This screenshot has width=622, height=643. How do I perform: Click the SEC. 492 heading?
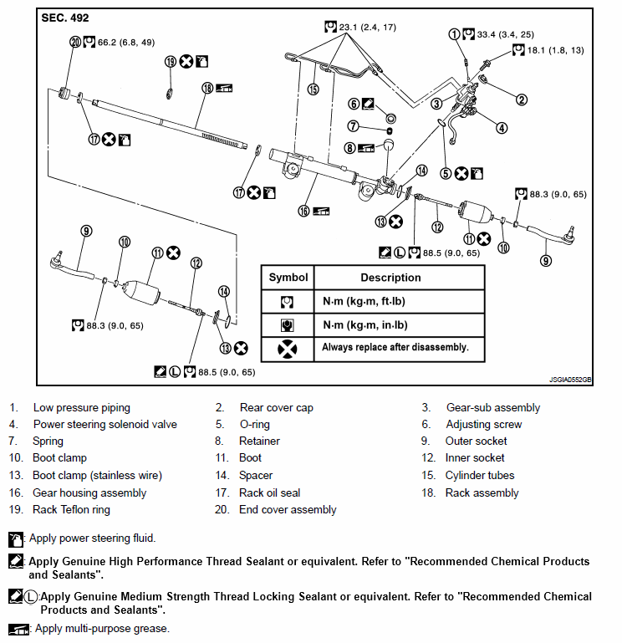pyautogui.click(x=65, y=18)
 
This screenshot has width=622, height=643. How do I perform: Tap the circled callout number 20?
pyautogui.click(x=76, y=42)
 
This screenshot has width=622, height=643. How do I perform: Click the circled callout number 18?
pyautogui.click(x=207, y=88)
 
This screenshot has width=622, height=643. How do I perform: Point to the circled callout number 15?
pyautogui.click(x=313, y=89)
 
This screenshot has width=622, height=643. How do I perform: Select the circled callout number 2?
pyautogui.click(x=521, y=100)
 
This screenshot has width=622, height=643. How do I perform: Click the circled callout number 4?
pyautogui.click(x=501, y=128)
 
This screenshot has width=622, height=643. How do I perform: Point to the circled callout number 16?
pyautogui.click(x=303, y=211)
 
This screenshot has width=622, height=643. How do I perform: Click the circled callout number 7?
pyautogui.click(x=354, y=126)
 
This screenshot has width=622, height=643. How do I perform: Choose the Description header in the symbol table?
pyautogui.click(x=390, y=278)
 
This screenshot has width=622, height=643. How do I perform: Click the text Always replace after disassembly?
pyautogui.click(x=395, y=347)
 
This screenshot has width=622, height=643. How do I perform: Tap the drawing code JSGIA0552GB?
pyautogui.click(x=569, y=379)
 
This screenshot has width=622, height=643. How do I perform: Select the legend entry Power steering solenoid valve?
pyautogui.click(x=105, y=424)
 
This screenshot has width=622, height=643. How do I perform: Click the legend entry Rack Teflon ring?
pyautogui.click(x=71, y=509)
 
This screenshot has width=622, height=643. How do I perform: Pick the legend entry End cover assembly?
pyautogui.click(x=288, y=509)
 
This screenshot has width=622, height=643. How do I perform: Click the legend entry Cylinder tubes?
pyautogui.click(x=480, y=475)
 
